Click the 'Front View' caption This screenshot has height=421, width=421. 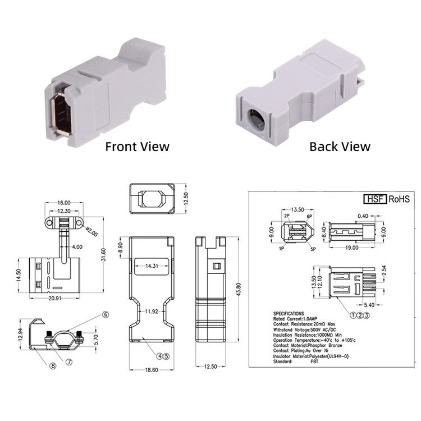click(x=138, y=147)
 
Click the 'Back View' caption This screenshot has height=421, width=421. click(x=340, y=147)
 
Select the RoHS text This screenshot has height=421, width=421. click(x=399, y=199)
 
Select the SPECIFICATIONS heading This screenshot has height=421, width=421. click(x=289, y=314)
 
